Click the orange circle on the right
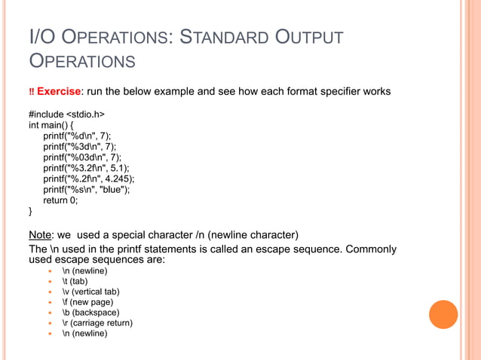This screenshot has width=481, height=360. (443, 315)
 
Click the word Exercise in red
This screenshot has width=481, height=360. (59, 92)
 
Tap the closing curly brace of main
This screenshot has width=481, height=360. (31, 212)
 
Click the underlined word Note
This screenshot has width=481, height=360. (40, 233)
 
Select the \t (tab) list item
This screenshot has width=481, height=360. (75, 281)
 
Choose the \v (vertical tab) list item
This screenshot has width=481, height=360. (90, 291)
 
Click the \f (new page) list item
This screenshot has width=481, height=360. (86, 302)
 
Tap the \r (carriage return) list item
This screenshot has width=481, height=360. (97, 323)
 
